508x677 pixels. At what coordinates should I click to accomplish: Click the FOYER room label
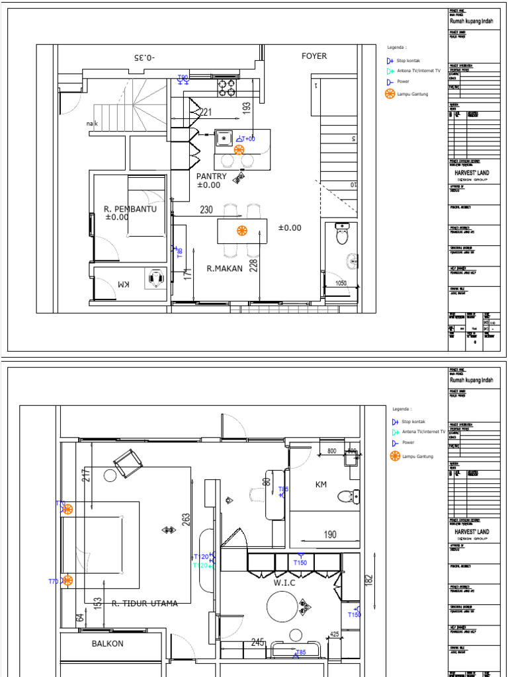click(x=314, y=56)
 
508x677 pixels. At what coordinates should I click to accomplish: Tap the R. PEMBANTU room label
click(x=130, y=209)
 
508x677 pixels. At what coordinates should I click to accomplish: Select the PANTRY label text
click(x=211, y=177)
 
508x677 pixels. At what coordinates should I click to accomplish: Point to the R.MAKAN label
click(x=225, y=268)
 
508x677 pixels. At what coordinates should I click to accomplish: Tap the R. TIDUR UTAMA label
click(x=144, y=604)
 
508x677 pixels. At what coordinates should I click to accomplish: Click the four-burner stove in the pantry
click(x=228, y=87)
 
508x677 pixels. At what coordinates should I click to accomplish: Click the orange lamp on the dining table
click(x=242, y=230)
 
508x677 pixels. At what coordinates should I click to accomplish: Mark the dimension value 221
click(x=206, y=112)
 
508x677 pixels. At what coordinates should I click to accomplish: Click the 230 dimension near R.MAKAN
click(x=206, y=210)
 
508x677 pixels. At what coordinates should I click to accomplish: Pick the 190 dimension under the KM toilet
click(x=330, y=535)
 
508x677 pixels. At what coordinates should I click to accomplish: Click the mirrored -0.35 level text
click(x=144, y=58)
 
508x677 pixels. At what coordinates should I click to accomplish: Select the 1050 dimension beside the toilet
click(x=341, y=283)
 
